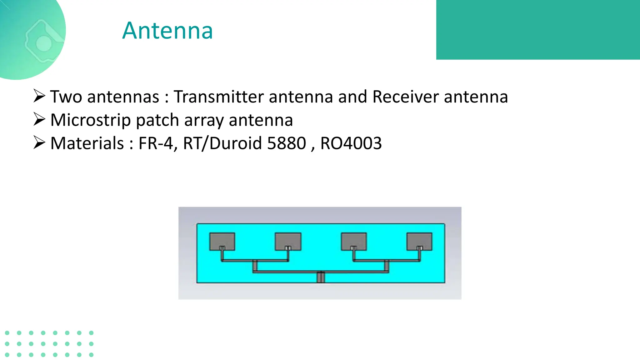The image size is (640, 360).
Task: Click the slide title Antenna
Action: click(167, 31)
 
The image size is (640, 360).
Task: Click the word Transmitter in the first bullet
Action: click(219, 97)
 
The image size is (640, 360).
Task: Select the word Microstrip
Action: click(90, 120)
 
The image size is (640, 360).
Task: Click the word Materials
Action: click(87, 143)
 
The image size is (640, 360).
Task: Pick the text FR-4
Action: click(156, 143)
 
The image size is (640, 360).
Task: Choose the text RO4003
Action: click(351, 143)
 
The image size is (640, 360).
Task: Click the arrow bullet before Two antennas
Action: click(39, 96)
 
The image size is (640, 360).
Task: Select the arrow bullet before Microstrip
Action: click(39, 119)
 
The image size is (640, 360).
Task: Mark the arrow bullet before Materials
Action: click(39, 143)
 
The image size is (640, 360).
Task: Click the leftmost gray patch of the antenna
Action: click(222, 241)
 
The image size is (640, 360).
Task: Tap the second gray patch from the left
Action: click(288, 241)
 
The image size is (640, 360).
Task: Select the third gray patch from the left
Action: click(354, 241)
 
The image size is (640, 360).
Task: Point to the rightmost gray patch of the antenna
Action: click(419, 241)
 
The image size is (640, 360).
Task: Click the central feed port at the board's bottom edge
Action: click(321, 277)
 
